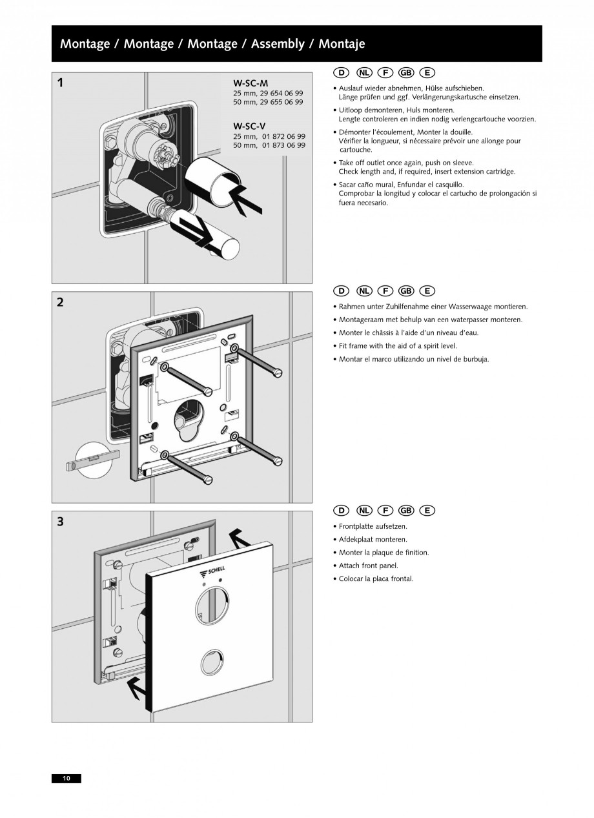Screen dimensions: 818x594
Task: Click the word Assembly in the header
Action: [277, 44]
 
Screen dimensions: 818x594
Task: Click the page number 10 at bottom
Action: [67, 778]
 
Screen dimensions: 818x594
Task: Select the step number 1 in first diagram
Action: [60, 83]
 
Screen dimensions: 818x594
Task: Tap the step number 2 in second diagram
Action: [60, 302]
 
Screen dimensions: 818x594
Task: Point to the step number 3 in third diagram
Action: [60, 522]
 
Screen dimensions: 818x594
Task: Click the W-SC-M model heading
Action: [251, 83]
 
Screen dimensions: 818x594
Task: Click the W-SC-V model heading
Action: [250, 126]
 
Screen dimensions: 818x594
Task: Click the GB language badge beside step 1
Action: [406, 73]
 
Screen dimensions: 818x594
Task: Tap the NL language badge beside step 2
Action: [364, 292]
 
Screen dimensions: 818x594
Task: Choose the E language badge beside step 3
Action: [427, 511]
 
